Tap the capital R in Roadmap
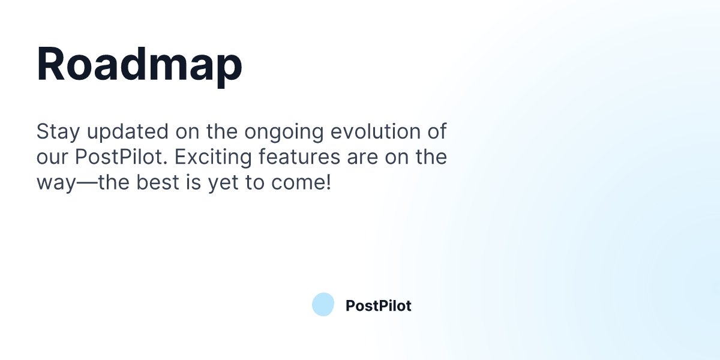pyautogui.click(x=50, y=64)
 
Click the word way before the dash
pyautogui.click(x=54, y=183)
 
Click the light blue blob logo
pyautogui.click(x=323, y=305)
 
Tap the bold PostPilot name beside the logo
pyautogui.click(x=378, y=306)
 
